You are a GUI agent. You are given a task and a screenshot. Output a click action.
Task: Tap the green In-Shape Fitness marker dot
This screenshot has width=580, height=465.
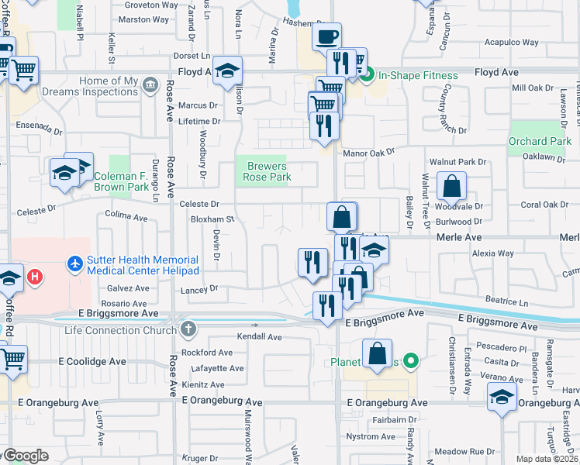pos(371,74)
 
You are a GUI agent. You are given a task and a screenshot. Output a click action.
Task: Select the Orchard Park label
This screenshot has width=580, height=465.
pos(540,142)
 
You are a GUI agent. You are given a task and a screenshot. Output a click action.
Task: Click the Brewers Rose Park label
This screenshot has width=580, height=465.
pos(268,171)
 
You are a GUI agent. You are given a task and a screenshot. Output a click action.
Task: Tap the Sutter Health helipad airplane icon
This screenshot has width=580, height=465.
pos(75,265)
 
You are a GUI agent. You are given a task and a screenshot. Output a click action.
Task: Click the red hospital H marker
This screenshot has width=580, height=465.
pos(34,275)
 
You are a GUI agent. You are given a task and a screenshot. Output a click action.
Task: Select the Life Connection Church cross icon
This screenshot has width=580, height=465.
pos(187,330)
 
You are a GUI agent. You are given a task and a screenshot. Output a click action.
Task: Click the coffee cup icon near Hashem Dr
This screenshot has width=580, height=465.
pos(326,36)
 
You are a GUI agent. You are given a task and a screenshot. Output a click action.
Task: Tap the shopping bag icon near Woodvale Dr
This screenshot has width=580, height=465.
pos(451,187)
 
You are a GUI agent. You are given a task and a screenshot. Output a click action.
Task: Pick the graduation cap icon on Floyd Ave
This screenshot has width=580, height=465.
pos(227,71)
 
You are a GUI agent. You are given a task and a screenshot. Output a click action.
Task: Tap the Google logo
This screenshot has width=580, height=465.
pos(26,456)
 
